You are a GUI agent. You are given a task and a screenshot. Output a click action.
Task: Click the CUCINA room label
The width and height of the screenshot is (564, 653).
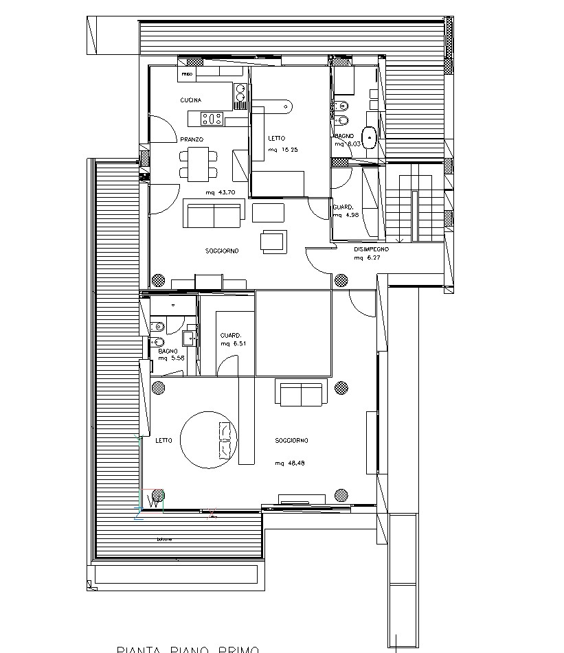191,101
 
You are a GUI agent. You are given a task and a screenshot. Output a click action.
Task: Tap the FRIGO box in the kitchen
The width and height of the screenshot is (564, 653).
187,73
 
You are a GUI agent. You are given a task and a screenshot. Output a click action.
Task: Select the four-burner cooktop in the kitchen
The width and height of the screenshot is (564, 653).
212,119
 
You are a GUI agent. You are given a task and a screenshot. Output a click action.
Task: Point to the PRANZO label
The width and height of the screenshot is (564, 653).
192,139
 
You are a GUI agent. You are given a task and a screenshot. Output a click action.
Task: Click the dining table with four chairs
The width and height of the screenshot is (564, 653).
198,164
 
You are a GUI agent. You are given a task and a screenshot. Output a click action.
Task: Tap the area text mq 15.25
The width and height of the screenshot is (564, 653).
283,150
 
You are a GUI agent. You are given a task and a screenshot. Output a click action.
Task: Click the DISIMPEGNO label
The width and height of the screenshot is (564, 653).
372,249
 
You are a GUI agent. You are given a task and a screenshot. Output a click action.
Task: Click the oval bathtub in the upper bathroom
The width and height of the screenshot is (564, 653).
370,138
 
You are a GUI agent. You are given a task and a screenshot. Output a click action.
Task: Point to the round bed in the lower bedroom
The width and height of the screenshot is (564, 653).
209,439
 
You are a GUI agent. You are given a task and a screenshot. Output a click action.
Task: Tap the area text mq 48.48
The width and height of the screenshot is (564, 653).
290,463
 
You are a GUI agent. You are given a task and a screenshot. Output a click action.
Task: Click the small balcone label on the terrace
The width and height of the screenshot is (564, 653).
164,539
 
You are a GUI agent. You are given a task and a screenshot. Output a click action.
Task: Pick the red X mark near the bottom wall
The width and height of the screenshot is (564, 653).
212,512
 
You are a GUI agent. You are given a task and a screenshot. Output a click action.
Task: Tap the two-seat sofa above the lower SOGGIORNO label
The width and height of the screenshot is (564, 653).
300,393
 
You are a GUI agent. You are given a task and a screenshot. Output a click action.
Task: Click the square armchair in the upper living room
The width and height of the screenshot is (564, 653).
273,240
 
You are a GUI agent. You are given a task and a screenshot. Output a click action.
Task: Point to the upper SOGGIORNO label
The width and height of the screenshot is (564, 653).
222,251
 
